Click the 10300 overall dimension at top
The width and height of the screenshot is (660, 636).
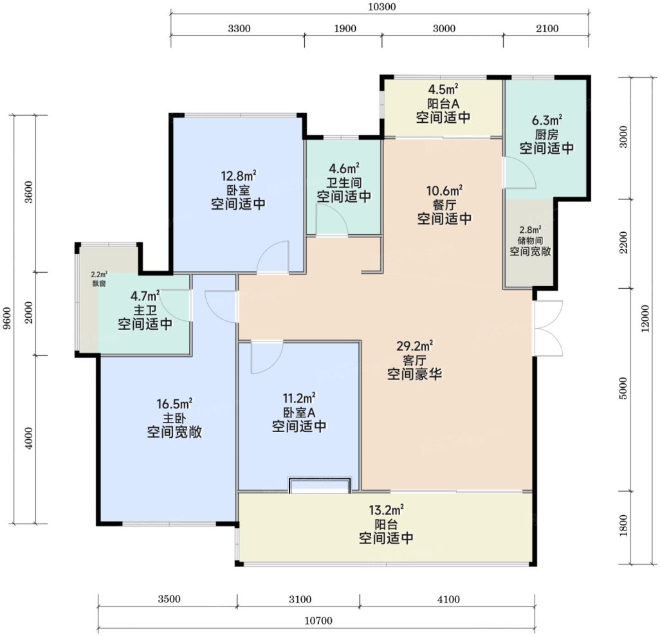tap(381, 6)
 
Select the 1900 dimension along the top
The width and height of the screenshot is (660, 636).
tap(345, 29)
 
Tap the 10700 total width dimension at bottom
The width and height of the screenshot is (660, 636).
tap(318, 621)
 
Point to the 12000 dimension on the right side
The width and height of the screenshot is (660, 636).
tap(645, 318)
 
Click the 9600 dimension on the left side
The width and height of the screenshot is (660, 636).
tap(7, 318)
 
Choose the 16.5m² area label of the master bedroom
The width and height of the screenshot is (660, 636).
tap(174, 404)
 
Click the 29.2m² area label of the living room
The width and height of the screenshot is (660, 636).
tap(415, 346)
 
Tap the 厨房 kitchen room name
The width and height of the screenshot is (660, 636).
tap(546, 134)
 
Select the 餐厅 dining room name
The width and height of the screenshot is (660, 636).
tap(445, 205)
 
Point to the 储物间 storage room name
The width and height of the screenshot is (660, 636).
tap(530, 241)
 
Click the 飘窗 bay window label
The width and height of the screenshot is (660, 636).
tap(99, 284)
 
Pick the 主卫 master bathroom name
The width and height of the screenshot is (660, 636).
tap(145, 311)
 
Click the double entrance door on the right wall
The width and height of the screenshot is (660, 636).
tap(548, 329)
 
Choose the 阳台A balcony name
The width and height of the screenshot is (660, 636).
tap(443, 104)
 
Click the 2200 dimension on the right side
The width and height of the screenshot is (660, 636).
tap(623, 242)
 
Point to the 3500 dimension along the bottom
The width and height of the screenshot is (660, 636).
tap(169, 599)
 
